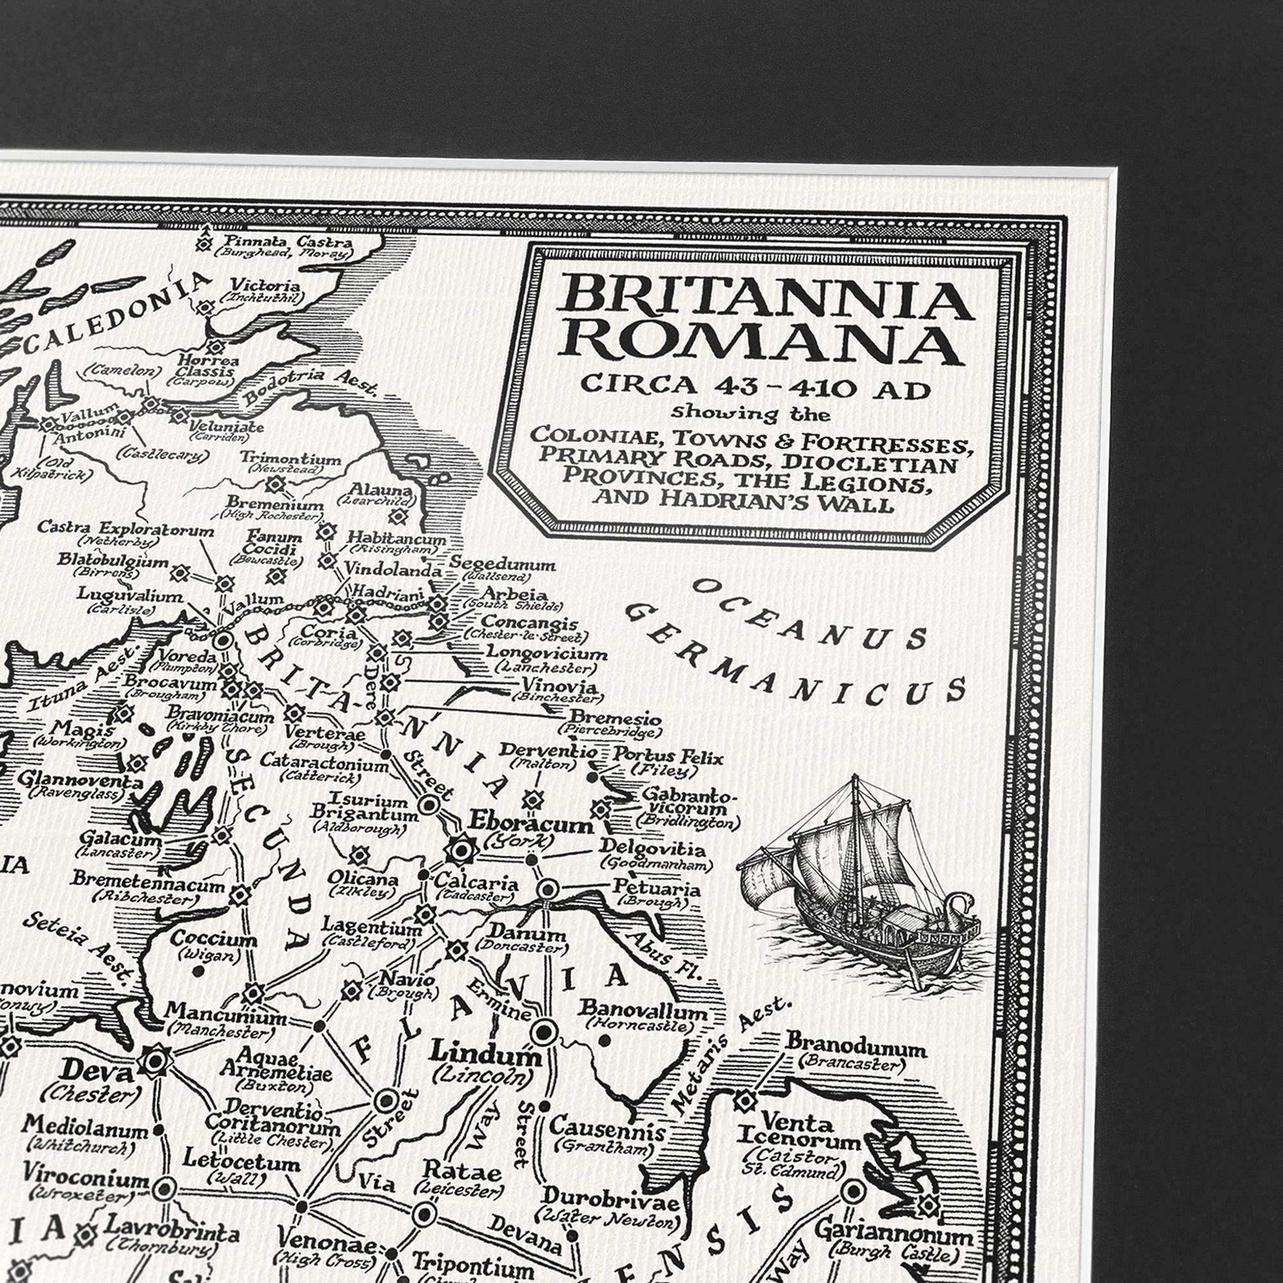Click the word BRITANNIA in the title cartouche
click(x=763, y=300)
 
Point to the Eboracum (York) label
click(x=531, y=824)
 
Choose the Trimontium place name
click(x=290, y=459)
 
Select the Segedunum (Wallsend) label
click(x=502, y=564)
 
